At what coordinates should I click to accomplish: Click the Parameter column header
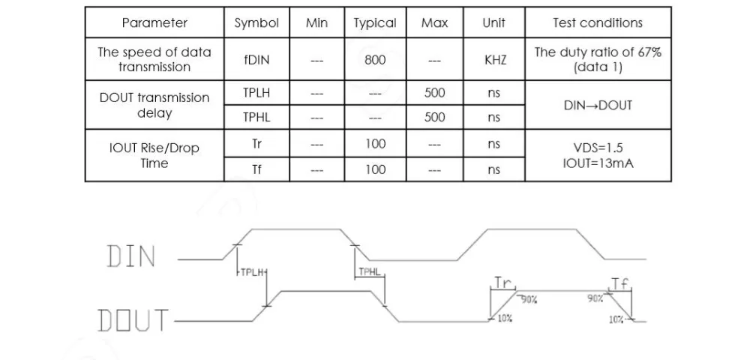(154, 22)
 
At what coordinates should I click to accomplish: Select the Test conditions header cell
(598, 22)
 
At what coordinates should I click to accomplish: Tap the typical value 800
(375, 60)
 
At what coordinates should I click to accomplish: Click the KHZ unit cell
(494, 60)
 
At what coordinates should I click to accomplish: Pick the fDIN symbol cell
(256, 60)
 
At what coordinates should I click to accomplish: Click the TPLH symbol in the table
(256, 93)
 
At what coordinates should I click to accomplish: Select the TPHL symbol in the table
(256, 117)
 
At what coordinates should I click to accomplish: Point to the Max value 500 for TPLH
(434, 93)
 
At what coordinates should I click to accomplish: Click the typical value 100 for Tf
(375, 169)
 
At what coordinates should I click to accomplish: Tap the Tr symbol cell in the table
(256, 143)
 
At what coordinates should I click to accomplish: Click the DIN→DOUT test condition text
(598, 105)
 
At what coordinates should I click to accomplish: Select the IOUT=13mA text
(598, 163)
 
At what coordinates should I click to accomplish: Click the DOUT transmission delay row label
(154, 105)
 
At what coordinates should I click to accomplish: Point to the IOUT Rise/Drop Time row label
(154, 155)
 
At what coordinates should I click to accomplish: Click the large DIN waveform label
(131, 256)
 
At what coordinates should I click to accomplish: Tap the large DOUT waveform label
(133, 319)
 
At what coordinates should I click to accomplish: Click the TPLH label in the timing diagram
(252, 272)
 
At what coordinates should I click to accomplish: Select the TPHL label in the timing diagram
(369, 272)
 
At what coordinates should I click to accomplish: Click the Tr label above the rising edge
(502, 283)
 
